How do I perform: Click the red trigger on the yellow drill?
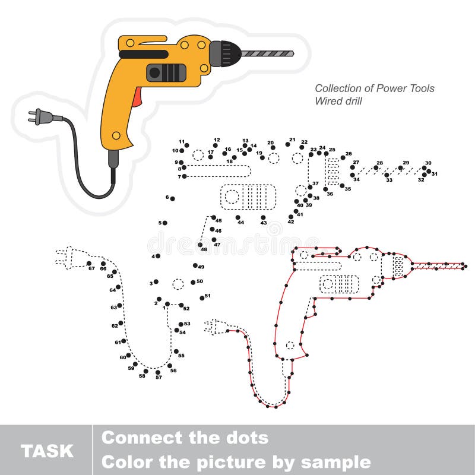point(138,96)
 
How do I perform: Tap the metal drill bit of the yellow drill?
point(268,53)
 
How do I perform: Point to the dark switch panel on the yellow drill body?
point(166,72)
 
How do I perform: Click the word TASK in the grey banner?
point(47,451)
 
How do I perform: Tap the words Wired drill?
point(338,101)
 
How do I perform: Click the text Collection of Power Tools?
point(374,88)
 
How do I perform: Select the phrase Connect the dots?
point(185,438)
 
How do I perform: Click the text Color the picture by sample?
point(236,462)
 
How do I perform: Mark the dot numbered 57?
point(158,372)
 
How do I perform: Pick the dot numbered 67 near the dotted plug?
point(89,263)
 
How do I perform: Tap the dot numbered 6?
point(172,199)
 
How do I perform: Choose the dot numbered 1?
point(167,304)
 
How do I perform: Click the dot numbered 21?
point(288,144)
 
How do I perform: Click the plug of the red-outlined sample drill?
point(215,326)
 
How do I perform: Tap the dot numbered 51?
point(202,298)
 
